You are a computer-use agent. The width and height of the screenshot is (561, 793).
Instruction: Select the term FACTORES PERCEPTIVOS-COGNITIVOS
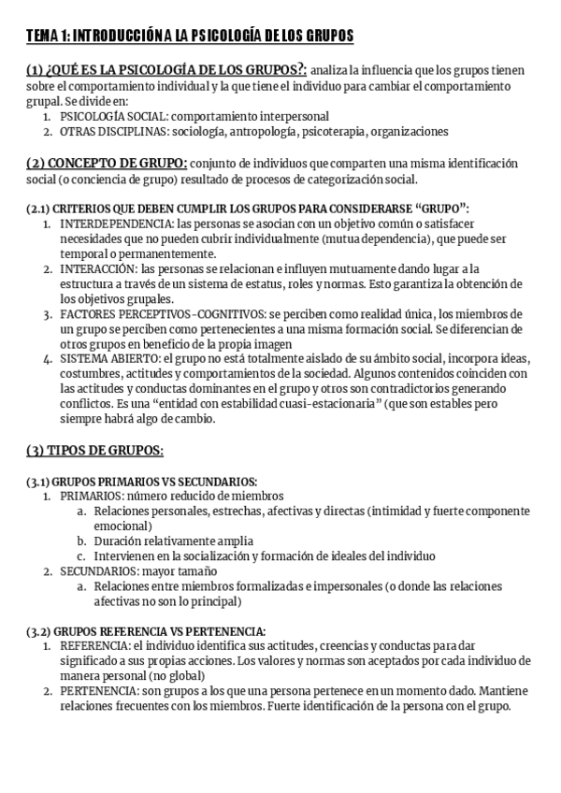(156, 313)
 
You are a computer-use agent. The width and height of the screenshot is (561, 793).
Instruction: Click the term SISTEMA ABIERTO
(106, 359)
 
